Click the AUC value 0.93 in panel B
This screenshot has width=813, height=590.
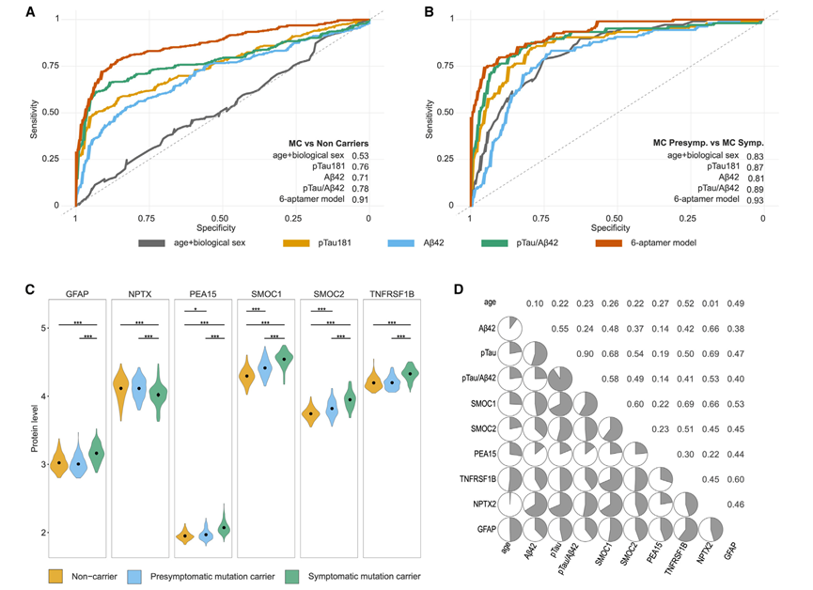754,199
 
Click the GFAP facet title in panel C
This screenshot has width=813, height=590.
77,292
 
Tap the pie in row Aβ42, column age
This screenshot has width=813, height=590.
510,328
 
